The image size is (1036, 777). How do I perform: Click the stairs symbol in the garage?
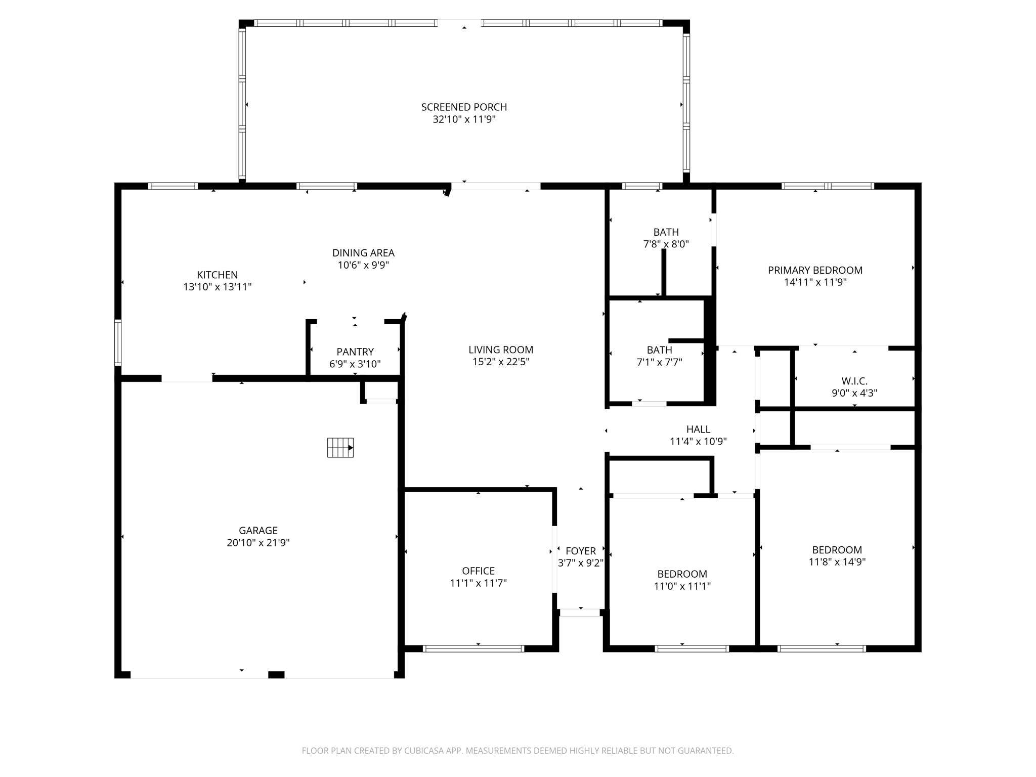click(x=340, y=448)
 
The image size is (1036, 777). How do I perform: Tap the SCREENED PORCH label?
click(x=464, y=107)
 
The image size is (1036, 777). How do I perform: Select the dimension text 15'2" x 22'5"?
click(x=500, y=362)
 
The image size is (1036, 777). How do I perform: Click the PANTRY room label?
click(x=355, y=352)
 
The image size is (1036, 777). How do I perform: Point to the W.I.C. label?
click(x=854, y=381)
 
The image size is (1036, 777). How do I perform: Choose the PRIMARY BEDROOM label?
click(x=815, y=270)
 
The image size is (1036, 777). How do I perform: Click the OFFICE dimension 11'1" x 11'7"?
click(x=478, y=583)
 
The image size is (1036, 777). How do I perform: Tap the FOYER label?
click(x=581, y=551)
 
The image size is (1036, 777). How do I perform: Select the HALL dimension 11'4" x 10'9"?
click(x=698, y=442)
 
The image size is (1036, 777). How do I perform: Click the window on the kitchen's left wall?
click(x=118, y=342)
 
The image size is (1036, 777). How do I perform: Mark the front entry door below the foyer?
click(x=580, y=613)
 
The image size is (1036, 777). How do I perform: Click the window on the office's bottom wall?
click(x=473, y=649)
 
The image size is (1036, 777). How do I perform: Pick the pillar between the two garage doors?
click(x=276, y=675)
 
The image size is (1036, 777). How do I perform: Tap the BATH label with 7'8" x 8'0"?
click(x=666, y=232)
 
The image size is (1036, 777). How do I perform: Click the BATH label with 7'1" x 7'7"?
click(x=659, y=350)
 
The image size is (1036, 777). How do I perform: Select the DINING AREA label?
click(x=363, y=253)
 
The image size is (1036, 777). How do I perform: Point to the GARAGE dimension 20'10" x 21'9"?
click(x=258, y=543)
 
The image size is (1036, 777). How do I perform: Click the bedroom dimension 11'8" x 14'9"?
click(x=837, y=562)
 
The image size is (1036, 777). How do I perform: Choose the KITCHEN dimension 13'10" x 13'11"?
click(x=217, y=287)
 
